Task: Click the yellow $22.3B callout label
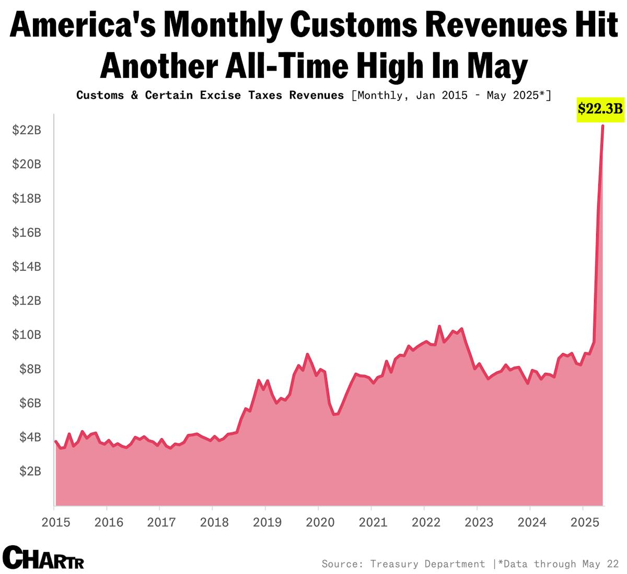click(x=600, y=109)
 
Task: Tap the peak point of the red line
click(x=602, y=126)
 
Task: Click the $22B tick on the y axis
click(x=27, y=130)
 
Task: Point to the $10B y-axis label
click(x=27, y=335)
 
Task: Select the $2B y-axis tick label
click(x=30, y=471)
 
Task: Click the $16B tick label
click(x=27, y=232)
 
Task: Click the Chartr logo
click(x=43, y=557)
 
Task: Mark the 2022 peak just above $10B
click(x=439, y=326)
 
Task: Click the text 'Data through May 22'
click(x=559, y=564)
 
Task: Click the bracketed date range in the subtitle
click(x=451, y=95)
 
